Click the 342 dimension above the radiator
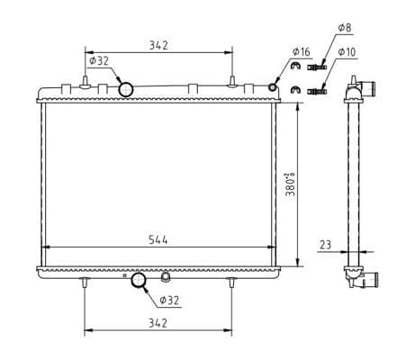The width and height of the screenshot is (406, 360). (x=158, y=45)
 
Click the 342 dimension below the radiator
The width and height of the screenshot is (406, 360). (x=158, y=323)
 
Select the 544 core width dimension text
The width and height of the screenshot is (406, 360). (x=158, y=240)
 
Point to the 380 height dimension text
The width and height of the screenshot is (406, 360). (x=290, y=184)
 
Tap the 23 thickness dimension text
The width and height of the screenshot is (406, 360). (x=325, y=245)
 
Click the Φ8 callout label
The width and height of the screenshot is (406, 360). (x=345, y=28)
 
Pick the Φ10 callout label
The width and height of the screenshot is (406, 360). (x=347, y=52)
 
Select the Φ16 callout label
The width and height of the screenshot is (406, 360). (x=301, y=51)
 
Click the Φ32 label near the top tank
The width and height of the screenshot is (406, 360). (x=99, y=61)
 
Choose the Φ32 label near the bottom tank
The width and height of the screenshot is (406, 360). (x=169, y=300)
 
